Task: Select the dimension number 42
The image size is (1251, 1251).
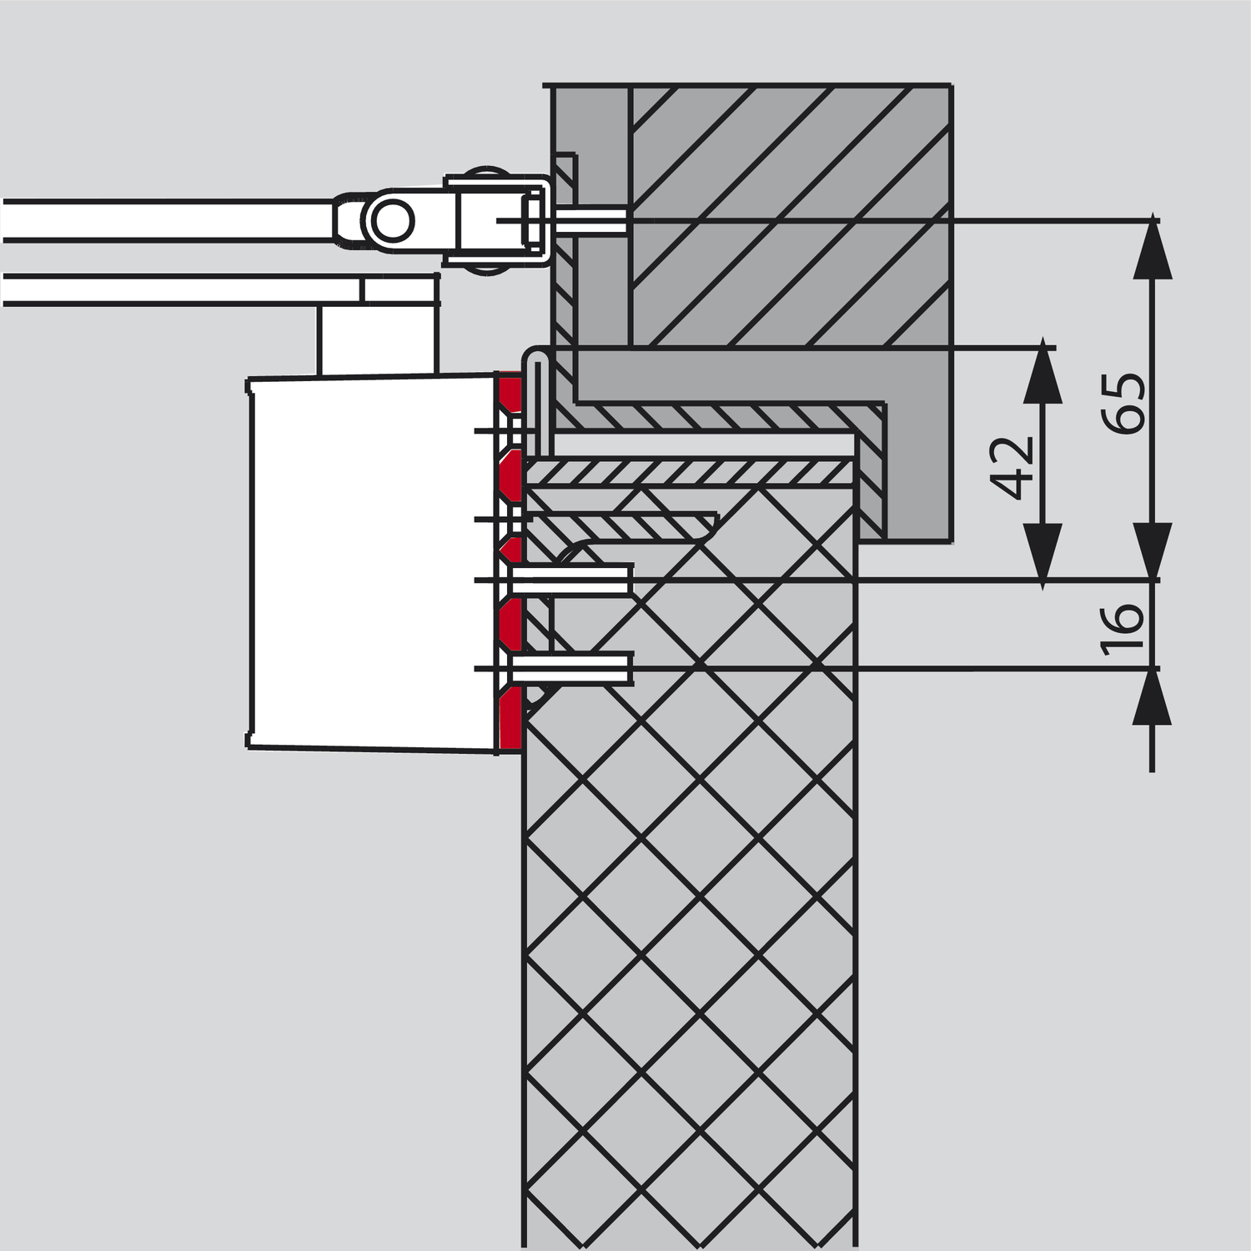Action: tap(1016, 467)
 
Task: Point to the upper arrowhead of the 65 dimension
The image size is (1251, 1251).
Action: tap(1153, 245)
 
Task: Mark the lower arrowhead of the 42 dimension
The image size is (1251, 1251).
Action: tap(1042, 550)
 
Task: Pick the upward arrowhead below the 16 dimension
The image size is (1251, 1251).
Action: tap(1153, 696)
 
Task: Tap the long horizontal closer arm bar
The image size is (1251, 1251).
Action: tap(167, 220)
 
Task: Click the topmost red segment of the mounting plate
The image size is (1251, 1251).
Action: tap(510, 393)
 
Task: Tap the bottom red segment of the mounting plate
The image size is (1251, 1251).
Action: tap(510, 718)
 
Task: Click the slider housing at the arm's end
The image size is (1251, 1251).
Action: tap(497, 220)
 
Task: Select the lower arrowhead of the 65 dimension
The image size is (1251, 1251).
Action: tap(1153, 550)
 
